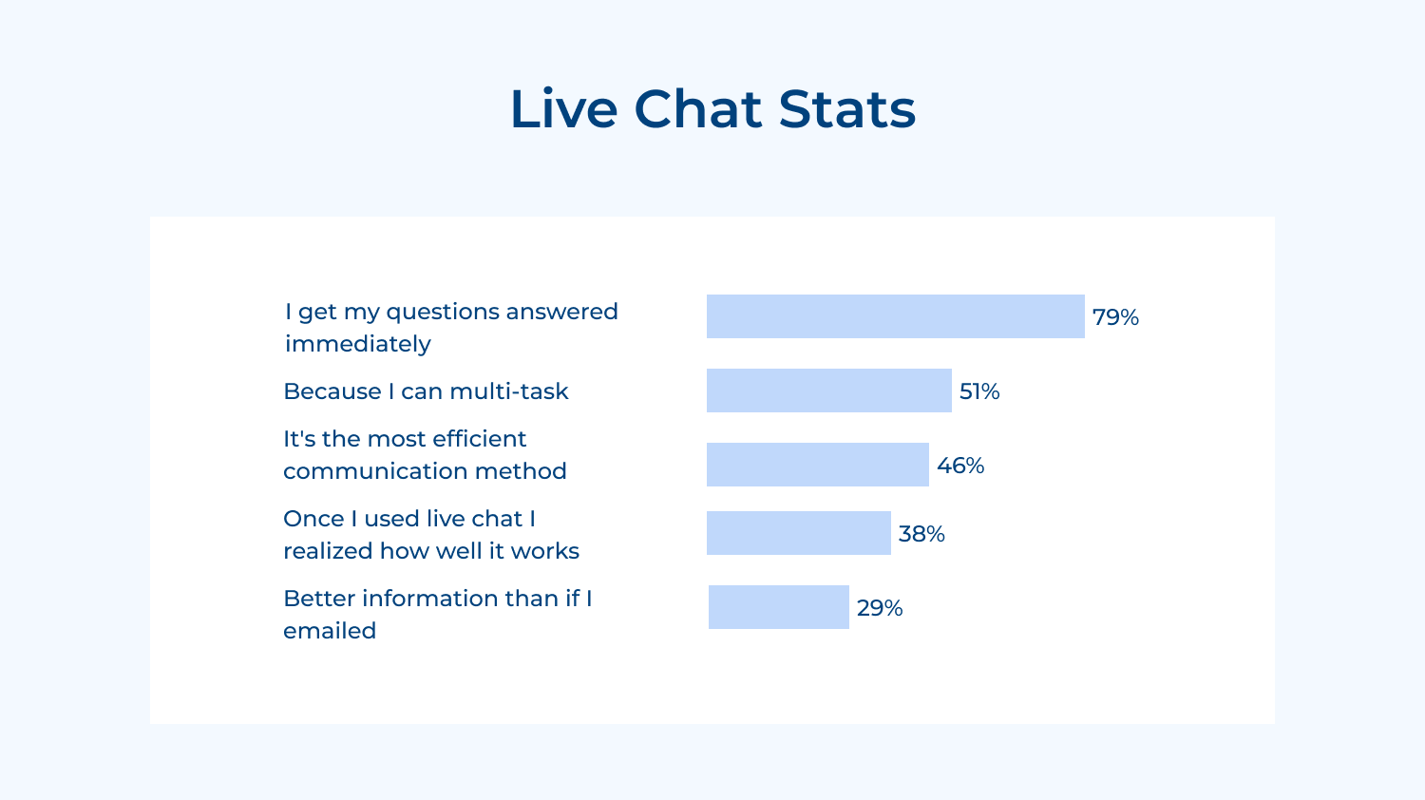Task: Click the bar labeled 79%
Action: [x=895, y=316]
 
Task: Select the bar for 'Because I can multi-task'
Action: [x=828, y=390]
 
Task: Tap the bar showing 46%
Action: [x=817, y=465]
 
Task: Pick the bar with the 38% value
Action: [x=798, y=533]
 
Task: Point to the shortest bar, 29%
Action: [x=778, y=607]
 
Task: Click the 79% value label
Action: [x=1115, y=317]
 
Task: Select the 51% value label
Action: [x=979, y=391]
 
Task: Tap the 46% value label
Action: [x=960, y=466]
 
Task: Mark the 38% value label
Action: [x=921, y=534]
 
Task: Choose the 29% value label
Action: [x=880, y=608]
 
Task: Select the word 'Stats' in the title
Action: [x=846, y=108]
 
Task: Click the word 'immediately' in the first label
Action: [x=358, y=344]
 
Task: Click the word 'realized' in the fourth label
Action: [x=328, y=551]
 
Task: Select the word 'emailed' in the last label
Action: [x=330, y=631]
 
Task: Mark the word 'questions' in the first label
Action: [x=442, y=313]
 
